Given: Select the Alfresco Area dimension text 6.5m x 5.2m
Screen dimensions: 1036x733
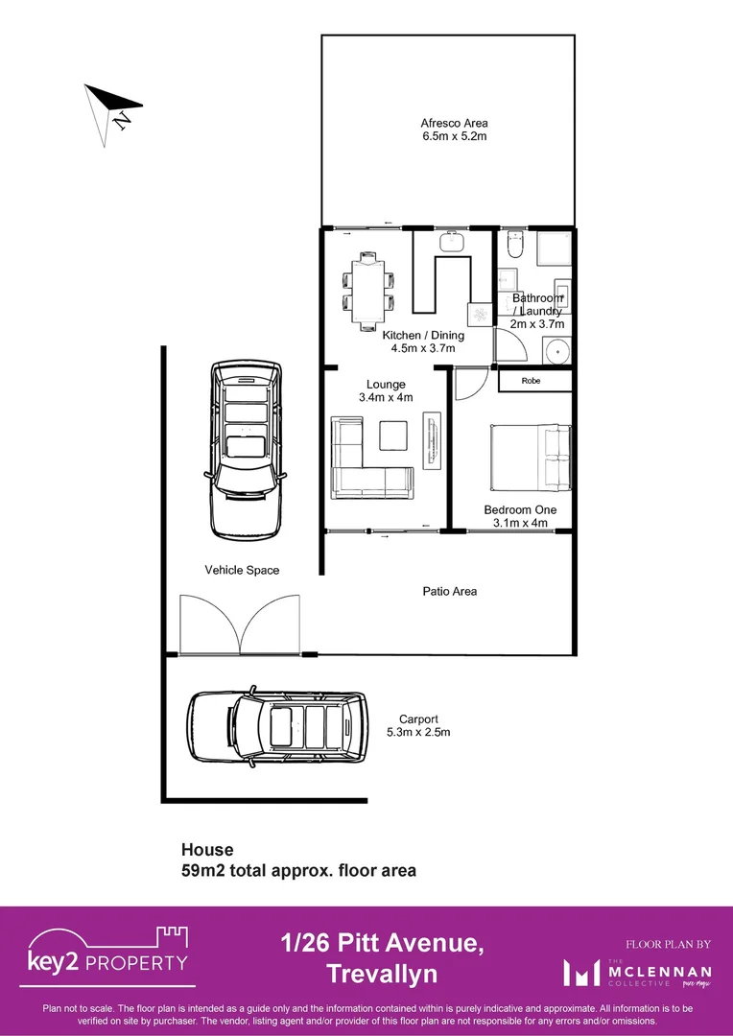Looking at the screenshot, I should [454, 136].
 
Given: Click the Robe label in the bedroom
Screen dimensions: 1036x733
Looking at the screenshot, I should [531, 381].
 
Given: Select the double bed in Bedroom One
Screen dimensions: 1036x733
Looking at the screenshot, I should [531, 459].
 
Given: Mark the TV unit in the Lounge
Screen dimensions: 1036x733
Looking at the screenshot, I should [432, 441].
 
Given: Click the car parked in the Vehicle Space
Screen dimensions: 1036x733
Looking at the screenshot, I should [246, 447].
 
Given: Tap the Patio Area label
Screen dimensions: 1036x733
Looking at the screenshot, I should [450, 592].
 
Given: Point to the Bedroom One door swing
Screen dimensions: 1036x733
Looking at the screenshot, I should [466, 386].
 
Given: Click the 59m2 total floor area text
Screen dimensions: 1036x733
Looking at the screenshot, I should [298, 871].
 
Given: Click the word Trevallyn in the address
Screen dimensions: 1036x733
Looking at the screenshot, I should [382, 975].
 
